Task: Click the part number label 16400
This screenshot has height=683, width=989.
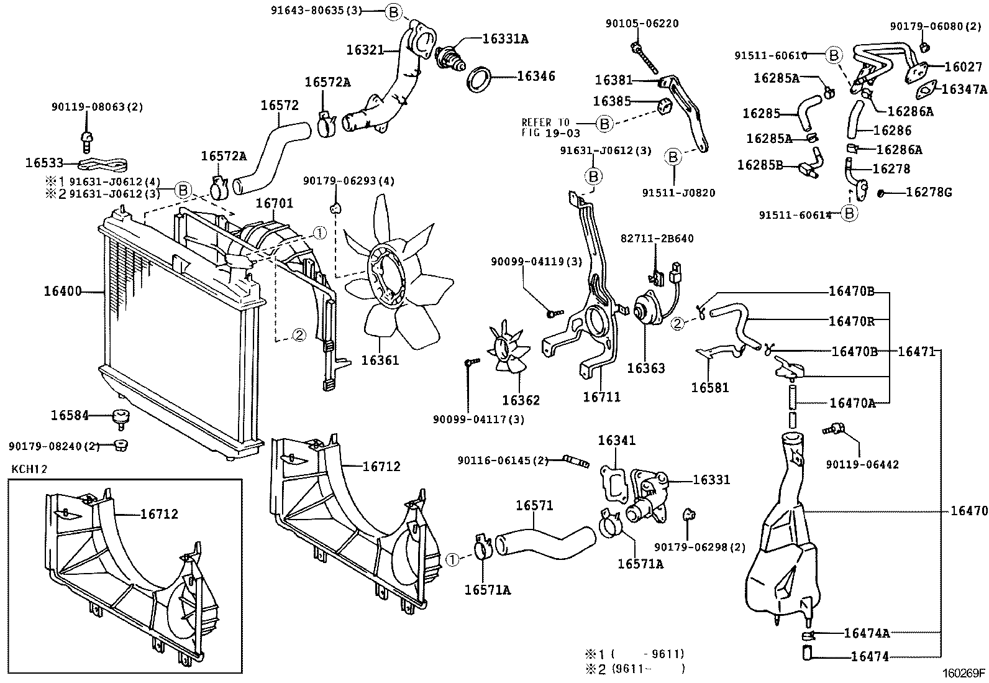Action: pyautogui.click(x=62, y=290)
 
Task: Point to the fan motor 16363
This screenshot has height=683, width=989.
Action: pyautogui.click(x=648, y=308)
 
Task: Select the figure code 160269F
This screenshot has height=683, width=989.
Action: pyautogui.click(x=964, y=672)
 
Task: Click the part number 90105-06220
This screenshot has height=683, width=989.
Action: pyautogui.click(x=642, y=24)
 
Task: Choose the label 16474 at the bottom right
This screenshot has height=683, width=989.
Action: pyautogui.click(x=869, y=656)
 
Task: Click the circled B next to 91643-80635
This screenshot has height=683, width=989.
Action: pyautogui.click(x=394, y=11)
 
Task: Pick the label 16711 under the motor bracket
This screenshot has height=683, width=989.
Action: pyautogui.click(x=601, y=397)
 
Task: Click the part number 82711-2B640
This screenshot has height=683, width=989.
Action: pyautogui.click(x=657, y=239)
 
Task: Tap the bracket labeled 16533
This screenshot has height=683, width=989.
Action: pyautogui.click(x=103, y=164)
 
